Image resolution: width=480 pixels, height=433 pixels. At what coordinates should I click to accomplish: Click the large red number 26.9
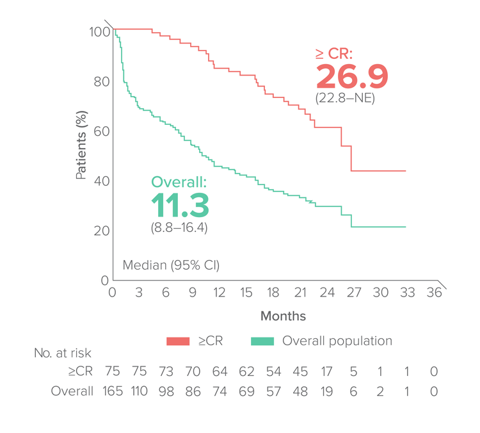coord(351,76)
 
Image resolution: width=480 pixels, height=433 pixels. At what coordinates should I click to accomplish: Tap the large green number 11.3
coord(180,205)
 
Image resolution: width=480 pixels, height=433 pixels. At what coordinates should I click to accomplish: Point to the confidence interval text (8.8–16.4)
coord(179,227)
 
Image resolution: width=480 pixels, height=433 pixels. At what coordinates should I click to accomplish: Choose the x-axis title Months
coord(282,316)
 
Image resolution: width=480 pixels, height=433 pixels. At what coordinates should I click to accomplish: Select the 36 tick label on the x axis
coord(435,293)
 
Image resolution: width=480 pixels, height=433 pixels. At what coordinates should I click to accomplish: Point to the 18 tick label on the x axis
coord(273,293)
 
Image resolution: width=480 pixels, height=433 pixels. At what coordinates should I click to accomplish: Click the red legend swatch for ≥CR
coord(179,341)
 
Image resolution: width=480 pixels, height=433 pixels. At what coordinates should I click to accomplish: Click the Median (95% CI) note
coord(171,265)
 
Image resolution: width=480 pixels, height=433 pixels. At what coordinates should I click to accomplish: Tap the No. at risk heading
coord(63,353)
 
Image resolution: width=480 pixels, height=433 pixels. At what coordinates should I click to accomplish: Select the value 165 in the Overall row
coord(112,390)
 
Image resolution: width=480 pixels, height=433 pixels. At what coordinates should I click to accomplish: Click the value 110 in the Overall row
coord(139,390)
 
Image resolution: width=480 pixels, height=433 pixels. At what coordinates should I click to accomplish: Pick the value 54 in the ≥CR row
coord(273,372)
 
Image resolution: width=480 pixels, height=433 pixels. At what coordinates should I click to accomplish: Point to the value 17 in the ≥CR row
coord(327,372)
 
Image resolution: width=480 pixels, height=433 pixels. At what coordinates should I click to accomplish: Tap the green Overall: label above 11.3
coord(180,182)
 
